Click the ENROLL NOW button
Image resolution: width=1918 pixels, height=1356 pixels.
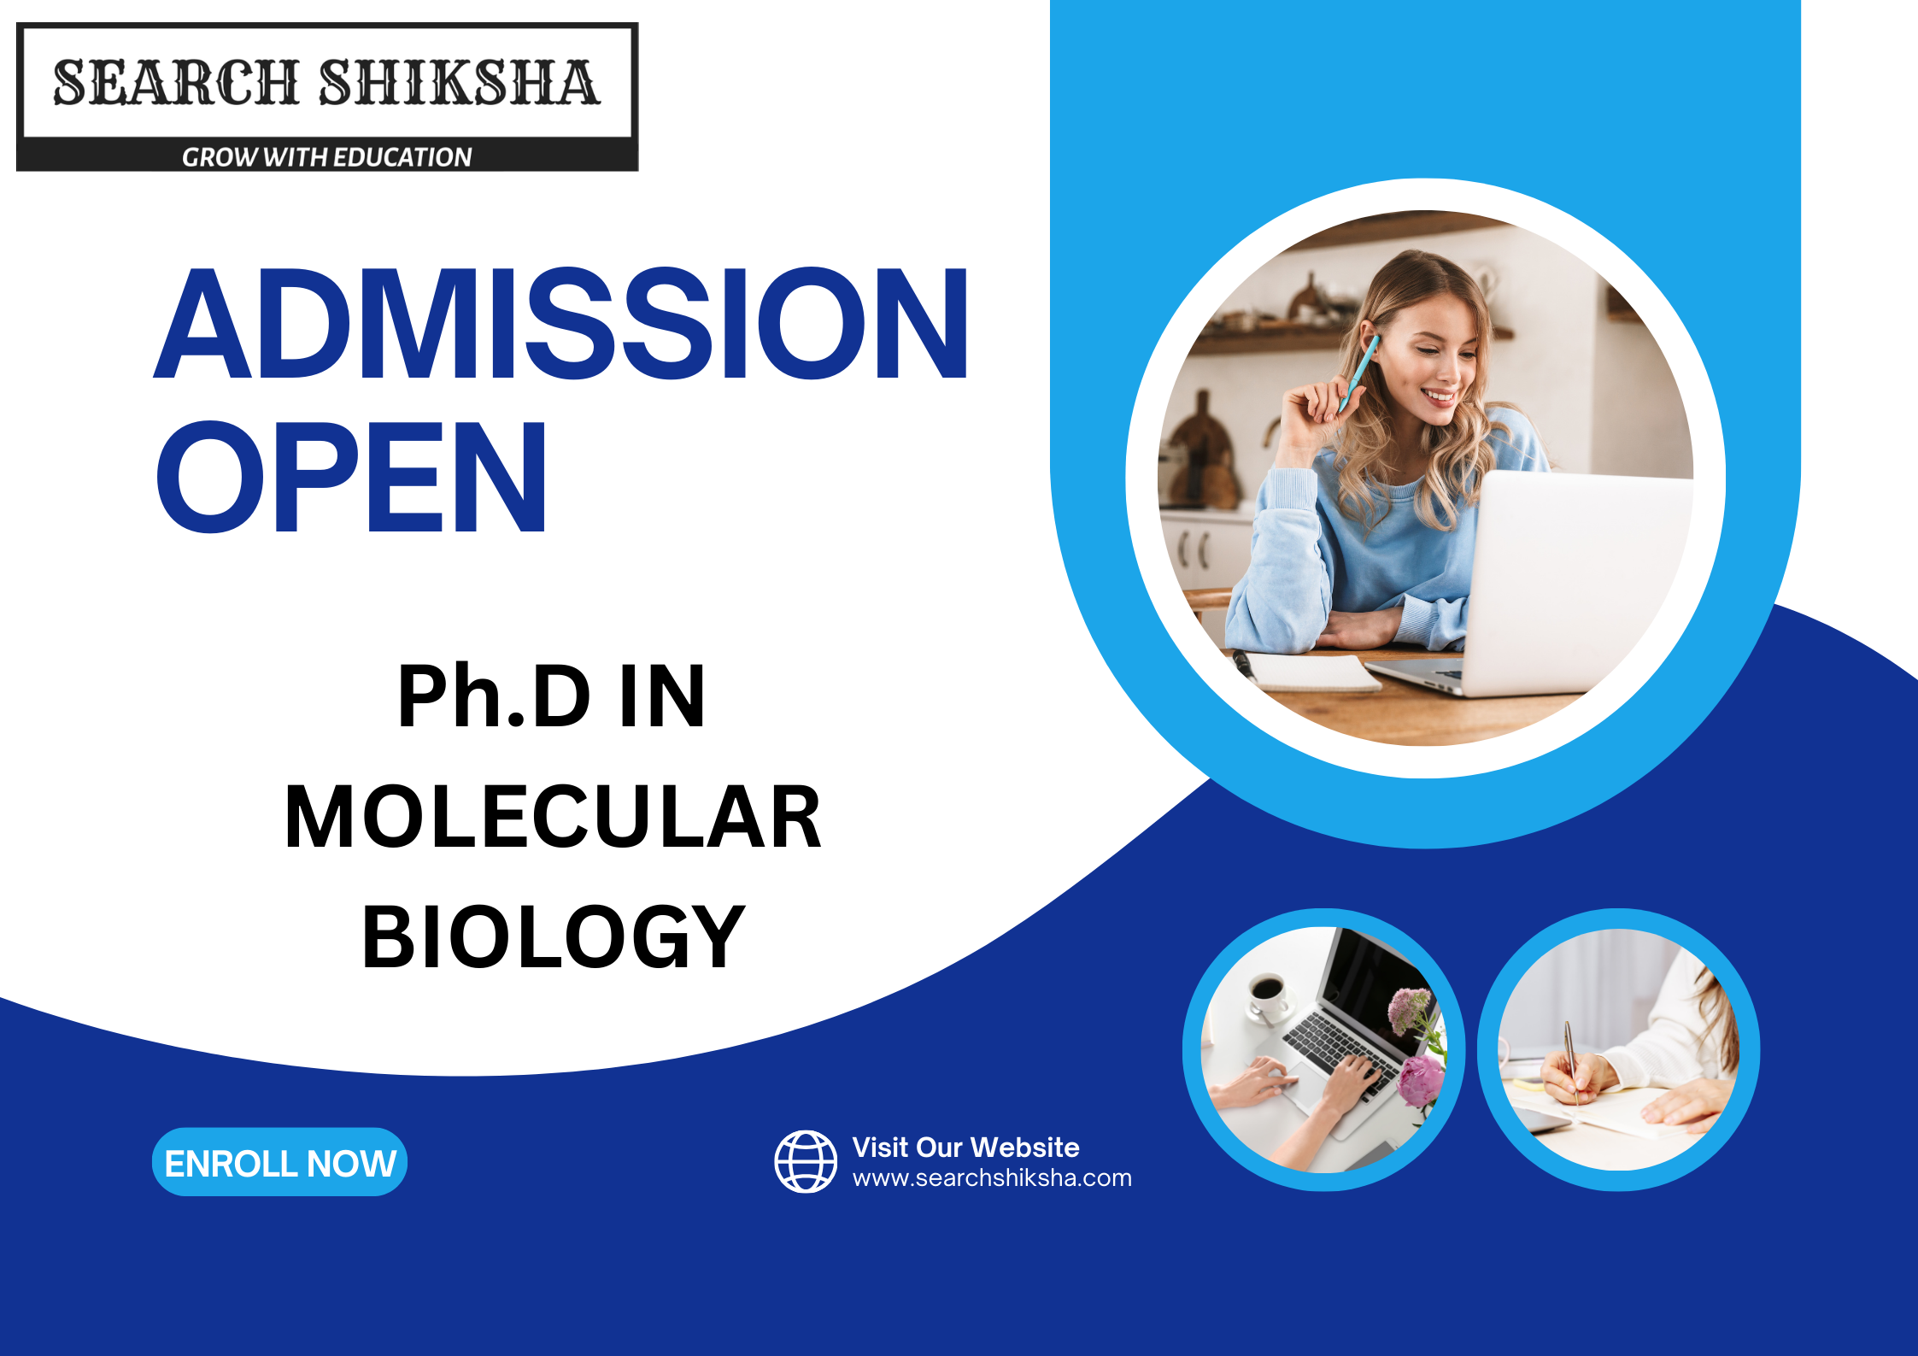[279, 1162]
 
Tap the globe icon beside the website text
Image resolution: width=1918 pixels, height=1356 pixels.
[805, 1161]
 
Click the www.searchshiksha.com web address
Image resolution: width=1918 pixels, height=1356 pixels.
[991, 1178]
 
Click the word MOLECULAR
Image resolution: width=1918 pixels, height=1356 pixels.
[553, 818]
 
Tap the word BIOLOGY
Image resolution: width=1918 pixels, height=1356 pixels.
[553, 938]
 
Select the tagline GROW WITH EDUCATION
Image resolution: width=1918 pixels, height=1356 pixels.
[326, 157]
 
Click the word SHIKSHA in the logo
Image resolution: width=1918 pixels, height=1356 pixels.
[460, 83]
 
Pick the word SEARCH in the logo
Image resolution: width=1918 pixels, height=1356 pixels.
[175, 83]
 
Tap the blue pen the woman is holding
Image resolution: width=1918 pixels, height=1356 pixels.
[1360, 372]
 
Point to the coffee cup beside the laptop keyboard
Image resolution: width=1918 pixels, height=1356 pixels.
[1266, 995]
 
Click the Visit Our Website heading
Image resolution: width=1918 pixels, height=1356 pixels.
[965, 1147]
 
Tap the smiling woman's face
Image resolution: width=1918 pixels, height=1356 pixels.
[1435, 359]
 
